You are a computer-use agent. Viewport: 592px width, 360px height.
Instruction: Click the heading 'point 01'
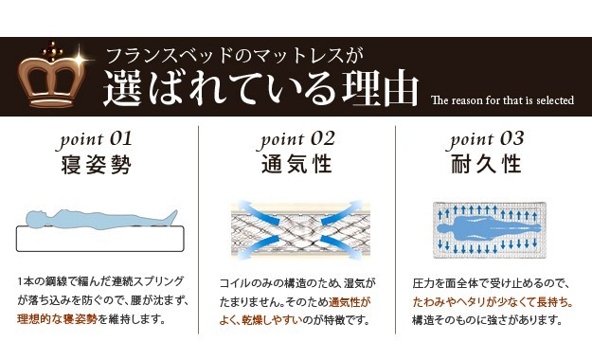coord(96,140)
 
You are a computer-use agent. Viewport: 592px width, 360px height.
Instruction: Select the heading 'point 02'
coord(297,140)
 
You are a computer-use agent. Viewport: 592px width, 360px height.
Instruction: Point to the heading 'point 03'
coord(487,140)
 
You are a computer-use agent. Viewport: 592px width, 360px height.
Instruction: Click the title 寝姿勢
coord(96,165)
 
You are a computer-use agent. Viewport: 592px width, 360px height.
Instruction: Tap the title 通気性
coord(296,164)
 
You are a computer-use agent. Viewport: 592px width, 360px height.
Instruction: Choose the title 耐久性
coord(487,164)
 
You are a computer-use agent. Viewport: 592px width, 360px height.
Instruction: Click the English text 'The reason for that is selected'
coord(502,100)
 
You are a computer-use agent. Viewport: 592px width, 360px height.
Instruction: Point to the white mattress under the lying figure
coord(100,239)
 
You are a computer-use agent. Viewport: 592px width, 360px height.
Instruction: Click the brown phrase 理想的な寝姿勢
coord(58,319)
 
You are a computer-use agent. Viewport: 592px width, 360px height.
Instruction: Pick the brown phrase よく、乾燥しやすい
coord(261,320)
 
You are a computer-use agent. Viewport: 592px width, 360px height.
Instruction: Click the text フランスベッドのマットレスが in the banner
coord(235,56)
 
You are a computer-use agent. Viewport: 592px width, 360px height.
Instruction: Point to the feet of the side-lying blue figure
coord(171,217)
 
